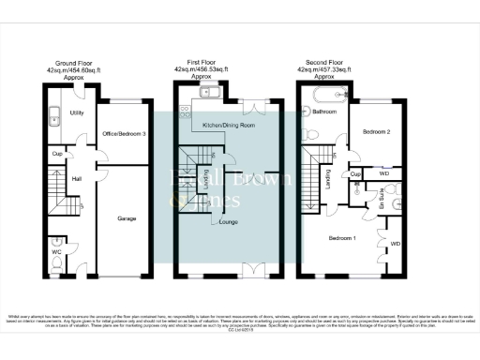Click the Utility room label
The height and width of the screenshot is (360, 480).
click(77, 112)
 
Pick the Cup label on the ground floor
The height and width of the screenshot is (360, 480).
click(57, 154)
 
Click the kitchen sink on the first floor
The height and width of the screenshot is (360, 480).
click(207, 92)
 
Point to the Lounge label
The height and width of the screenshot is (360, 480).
click(228, 221)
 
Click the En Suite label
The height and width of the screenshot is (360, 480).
click(382, 199)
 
